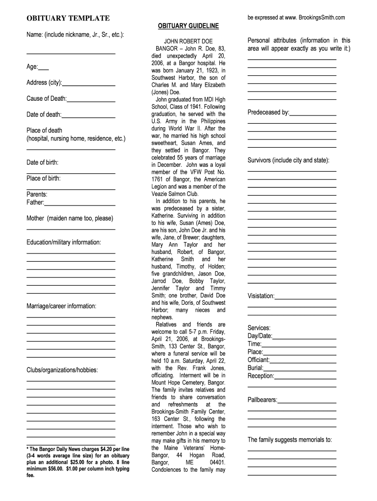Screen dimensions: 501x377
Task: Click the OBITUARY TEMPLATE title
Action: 68,18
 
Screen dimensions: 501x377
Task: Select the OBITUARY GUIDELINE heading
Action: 188,25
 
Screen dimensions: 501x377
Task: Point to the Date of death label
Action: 44,114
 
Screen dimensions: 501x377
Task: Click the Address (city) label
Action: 44,83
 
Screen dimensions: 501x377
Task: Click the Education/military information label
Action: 64,242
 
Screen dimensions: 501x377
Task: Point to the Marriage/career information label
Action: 61,306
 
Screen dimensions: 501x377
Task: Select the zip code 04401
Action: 217,462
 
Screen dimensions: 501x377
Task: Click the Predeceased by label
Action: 268,113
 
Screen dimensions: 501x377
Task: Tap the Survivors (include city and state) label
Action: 288,160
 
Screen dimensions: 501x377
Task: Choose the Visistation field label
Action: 261,296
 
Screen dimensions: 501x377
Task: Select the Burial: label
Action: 256,367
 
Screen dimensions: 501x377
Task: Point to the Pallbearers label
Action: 262,400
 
